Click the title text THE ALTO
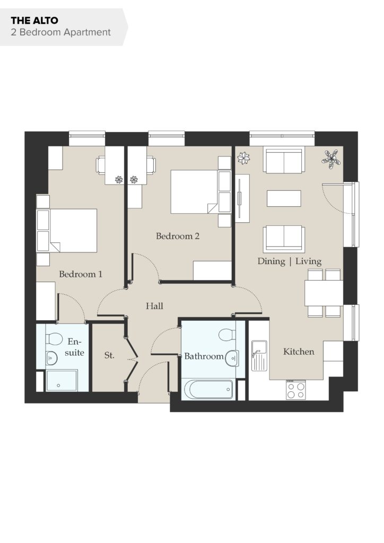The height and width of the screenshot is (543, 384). coord(34,21)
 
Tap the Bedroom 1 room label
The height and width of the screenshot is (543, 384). coord(81,274)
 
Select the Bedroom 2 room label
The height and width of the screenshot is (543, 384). coord(178,236)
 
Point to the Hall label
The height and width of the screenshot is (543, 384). coord(154,306)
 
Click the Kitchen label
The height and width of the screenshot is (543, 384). coord(299,352)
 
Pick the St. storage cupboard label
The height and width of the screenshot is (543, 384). coord(109,355)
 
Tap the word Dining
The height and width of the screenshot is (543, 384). coord(271,261)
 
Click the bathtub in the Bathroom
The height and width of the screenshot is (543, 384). coord(209,389)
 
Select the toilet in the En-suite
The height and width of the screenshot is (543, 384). coord(54,339)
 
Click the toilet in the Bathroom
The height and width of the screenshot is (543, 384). coord(227,335)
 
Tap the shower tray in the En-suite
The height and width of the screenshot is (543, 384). coord(62,381)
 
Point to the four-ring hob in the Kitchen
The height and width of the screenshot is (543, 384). coord(296,390)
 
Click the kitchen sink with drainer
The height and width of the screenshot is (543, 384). coord(259,356)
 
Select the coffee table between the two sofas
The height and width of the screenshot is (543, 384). coord(284,198)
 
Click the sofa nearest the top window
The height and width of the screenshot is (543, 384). coord(284,160)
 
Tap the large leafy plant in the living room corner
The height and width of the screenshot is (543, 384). coord(331,159)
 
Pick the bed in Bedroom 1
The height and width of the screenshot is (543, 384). coord(67,230)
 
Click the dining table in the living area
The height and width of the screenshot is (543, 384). coord(324,293)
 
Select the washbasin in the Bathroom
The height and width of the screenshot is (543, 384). coord(232,358)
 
